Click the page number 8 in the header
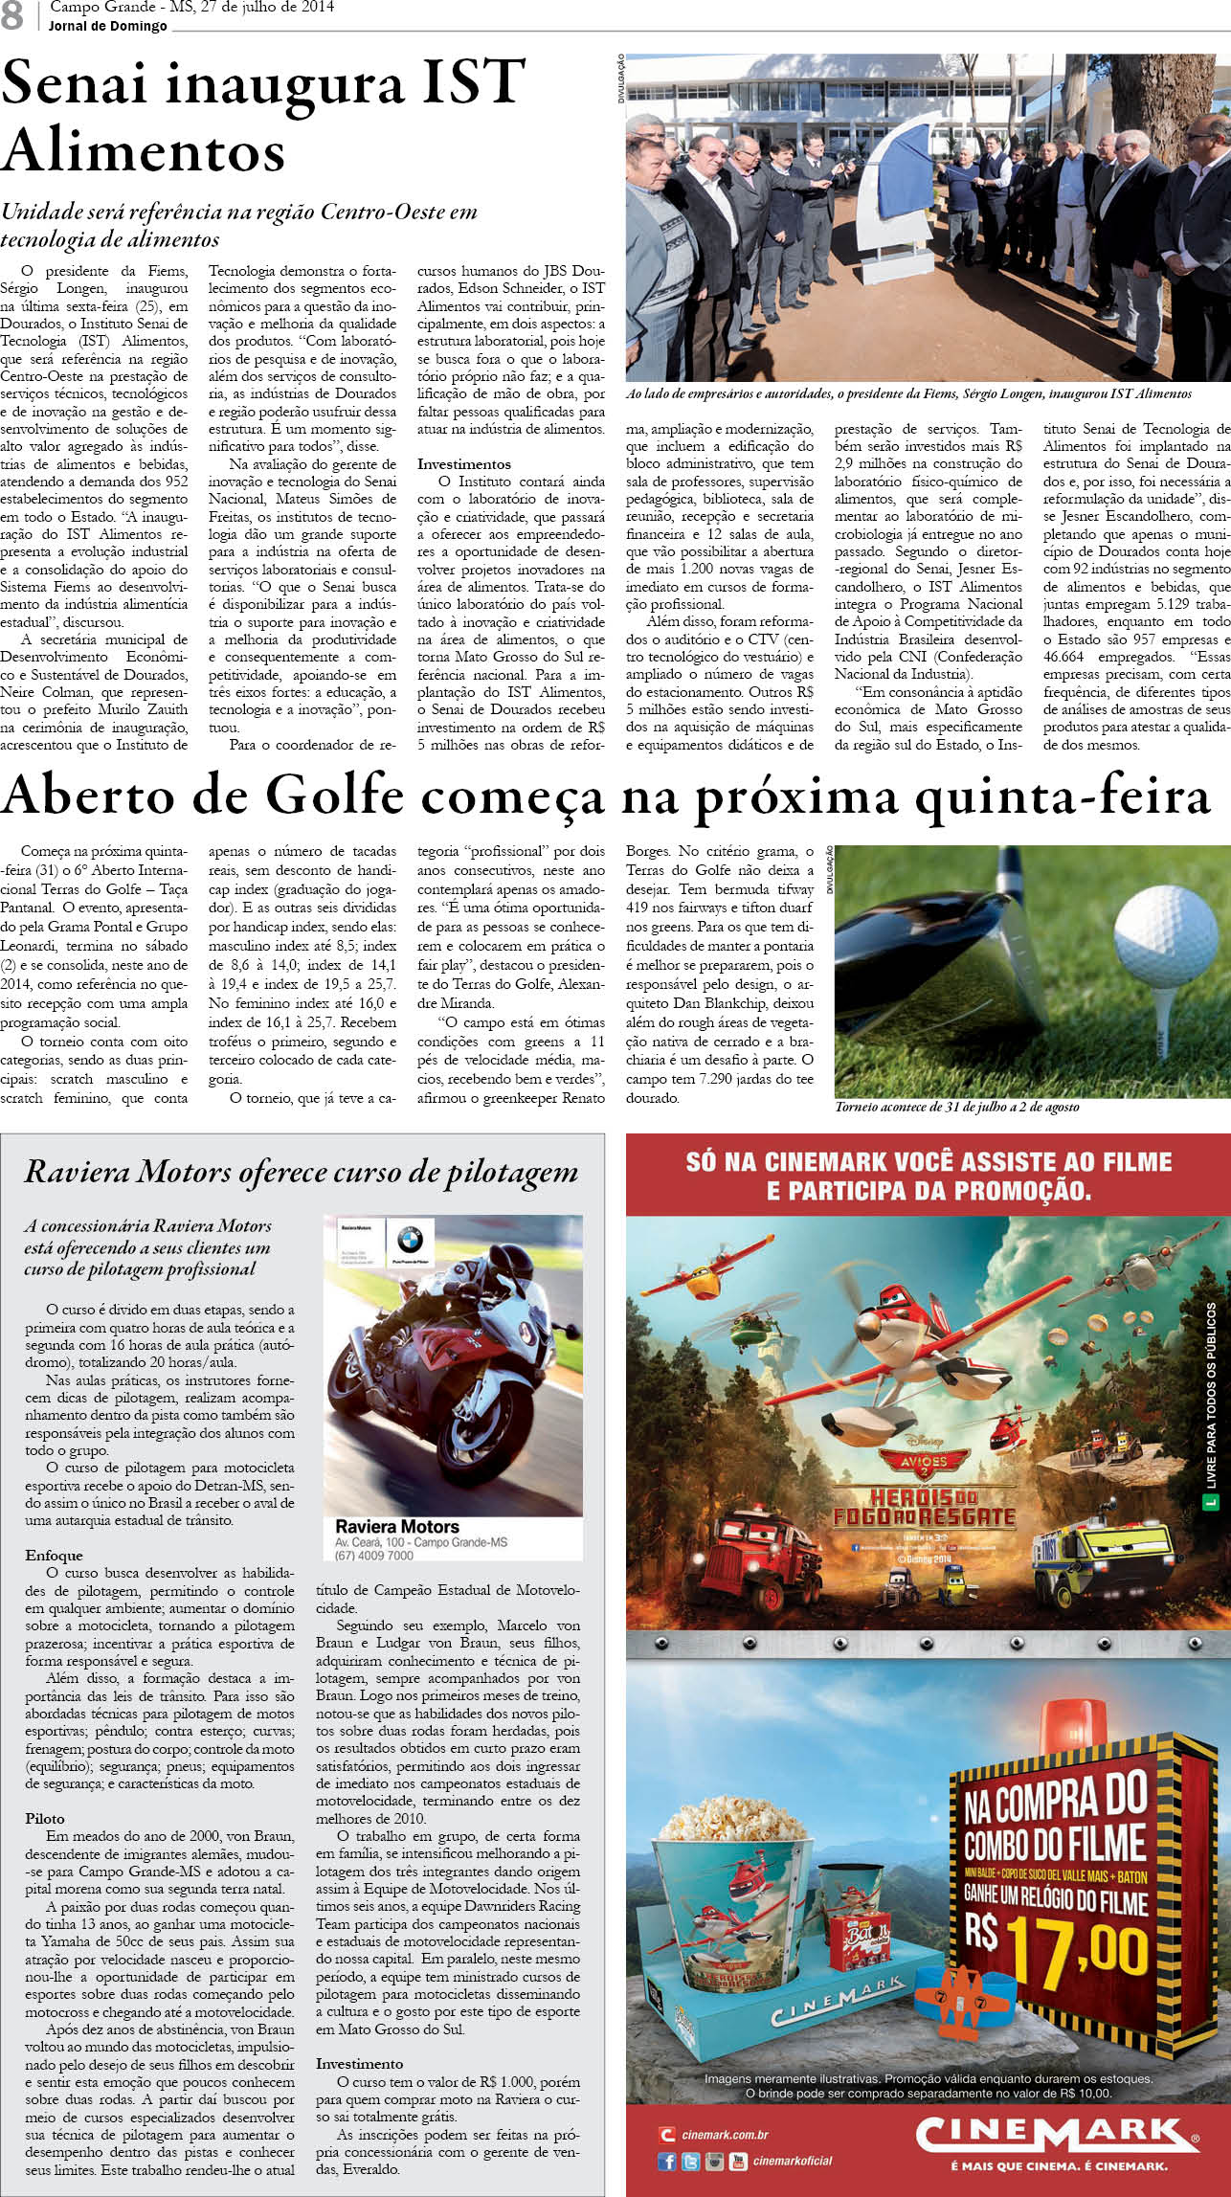click(11, 16)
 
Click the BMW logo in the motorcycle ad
click(410, 1241)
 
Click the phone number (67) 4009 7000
click(374, 1556)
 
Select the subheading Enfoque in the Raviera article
click(54, 1556)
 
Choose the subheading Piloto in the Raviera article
click(45, 1819)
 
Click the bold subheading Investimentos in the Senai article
click(463, 464)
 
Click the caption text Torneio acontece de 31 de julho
click(956, 1107)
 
